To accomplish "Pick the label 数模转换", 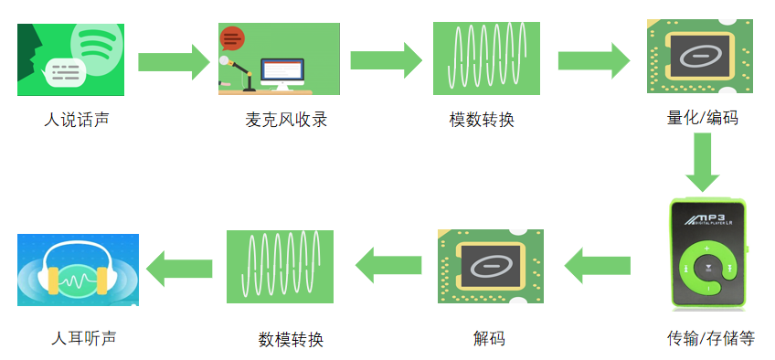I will (291, 340).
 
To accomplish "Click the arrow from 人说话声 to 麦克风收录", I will (173, 61).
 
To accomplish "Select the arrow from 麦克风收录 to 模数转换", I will (385, 60).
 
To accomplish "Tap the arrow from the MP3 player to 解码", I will (598, 266).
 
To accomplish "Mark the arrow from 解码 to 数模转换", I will (387, 266).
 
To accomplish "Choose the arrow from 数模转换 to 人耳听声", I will (180, 268).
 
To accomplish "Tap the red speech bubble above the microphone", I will (233, 39).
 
